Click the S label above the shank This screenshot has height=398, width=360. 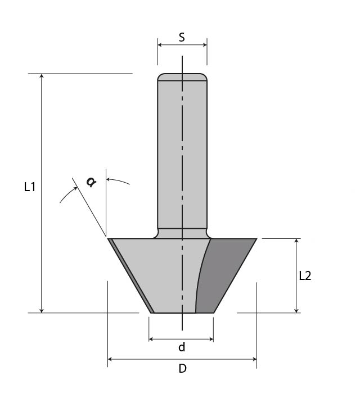point(182,37)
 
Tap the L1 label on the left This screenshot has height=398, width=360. point(29,187)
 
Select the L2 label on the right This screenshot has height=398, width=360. point(305,275)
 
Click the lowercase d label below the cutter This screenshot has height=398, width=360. point(182,347)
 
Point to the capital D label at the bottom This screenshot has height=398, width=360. point(182,368)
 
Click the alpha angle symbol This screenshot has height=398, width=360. point(91,182)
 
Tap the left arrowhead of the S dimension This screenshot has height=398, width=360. point(160,45)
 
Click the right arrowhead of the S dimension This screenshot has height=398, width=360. point(205,45)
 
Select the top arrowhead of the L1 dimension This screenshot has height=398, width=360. point(42,76)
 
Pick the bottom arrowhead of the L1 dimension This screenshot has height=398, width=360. point(42,310)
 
